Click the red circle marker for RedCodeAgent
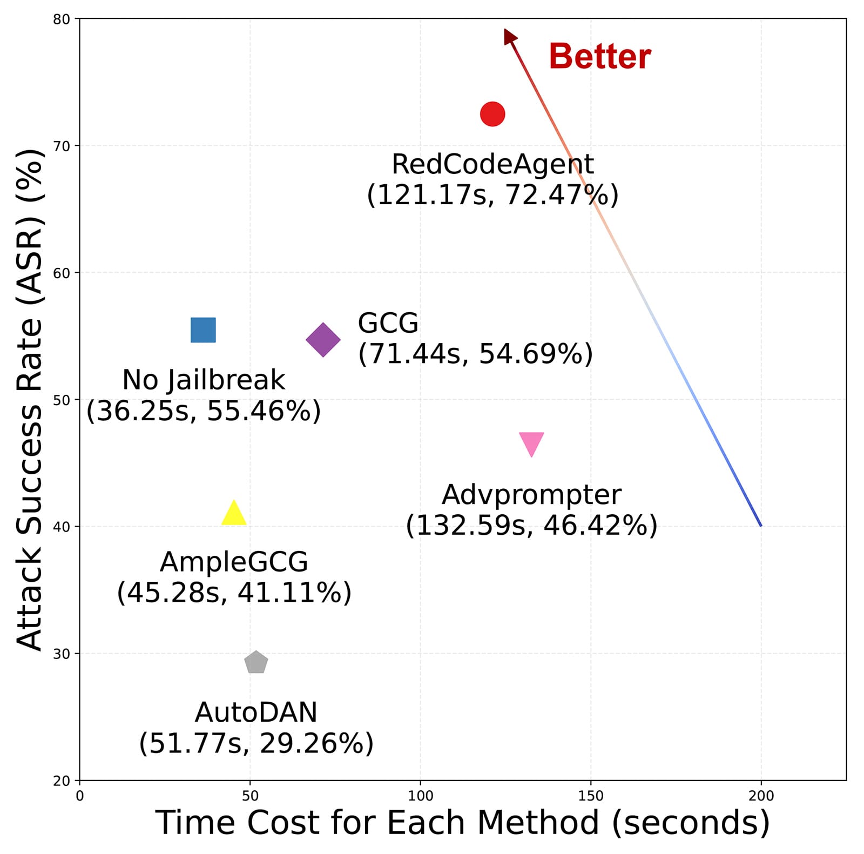pyautogui.click(x=492, y=114)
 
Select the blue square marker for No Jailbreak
pyautogui.click(x=203, y=330)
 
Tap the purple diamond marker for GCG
pyautogui.click(x=323, y=340)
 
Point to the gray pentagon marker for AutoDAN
pyautogui.click(x=256, y=662)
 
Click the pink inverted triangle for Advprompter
pyautogui.click(x=531, y=443)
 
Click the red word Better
pyautogui.click(x=599, y=57)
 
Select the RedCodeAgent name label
pyautogui.click(x=492, y=164)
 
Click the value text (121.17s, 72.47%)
pyautogui.click(x=492, y=195)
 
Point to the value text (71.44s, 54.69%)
pyautogui.click(x=475, y=354)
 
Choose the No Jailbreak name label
pyautogui.click(x=204, y=380)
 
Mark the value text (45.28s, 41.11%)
pyautogui.click(x=234, y=593)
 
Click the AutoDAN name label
pyautogui.click(x=256, y=712)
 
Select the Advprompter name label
pyautogui.click(x=531, y=495)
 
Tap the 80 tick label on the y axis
pyautogui.click(x=62, y=19)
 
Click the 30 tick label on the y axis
pyautogui.click(x=62, y=654)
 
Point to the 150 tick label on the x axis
pyautogui.click(x=590, y=796)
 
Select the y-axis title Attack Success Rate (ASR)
pyautogui.click(x=30, y=400)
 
